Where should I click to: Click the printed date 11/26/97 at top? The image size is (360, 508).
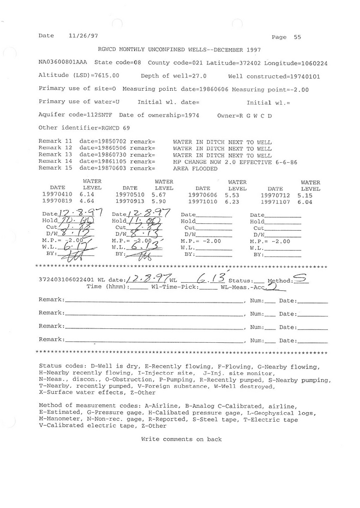81,36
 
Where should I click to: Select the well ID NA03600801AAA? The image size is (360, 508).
62,63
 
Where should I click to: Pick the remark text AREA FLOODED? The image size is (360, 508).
195,168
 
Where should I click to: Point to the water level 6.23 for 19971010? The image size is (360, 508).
233,202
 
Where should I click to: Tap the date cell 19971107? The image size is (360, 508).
275,202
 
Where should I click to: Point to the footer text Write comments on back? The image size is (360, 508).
181,439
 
